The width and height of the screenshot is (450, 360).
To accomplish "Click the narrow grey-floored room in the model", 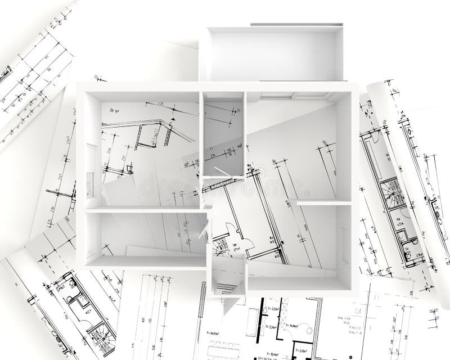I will click(223, 135).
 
